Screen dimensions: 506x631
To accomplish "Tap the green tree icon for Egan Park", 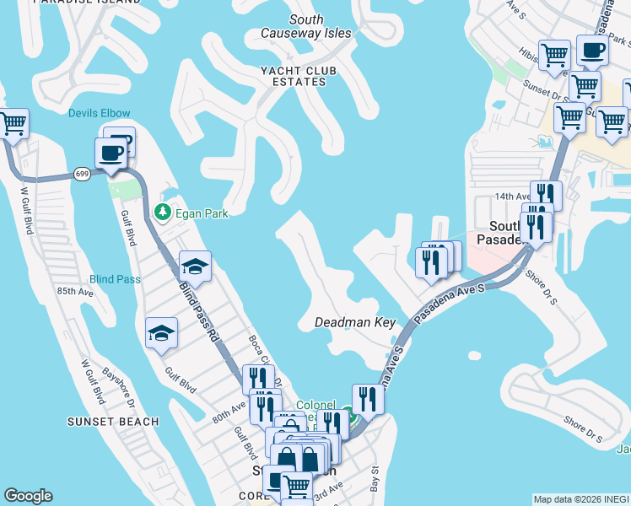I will [163, 213].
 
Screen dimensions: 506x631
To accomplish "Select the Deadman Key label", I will [355, 322].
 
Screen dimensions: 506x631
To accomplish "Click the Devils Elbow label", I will [100, 114].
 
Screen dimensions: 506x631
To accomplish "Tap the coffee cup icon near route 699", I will [111, 153].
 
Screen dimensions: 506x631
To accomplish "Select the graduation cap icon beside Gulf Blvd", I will [160, 333].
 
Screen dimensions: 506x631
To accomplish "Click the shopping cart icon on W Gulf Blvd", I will [13, 124].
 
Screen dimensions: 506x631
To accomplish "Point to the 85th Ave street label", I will [75, 291].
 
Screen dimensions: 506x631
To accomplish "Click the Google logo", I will [29, 496].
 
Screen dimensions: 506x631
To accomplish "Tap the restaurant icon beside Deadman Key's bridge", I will [368, 399].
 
